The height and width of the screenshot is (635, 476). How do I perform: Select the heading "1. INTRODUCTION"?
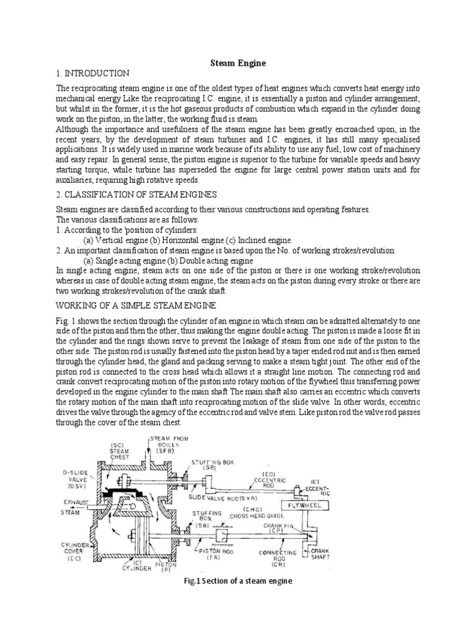click(93, 73)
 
